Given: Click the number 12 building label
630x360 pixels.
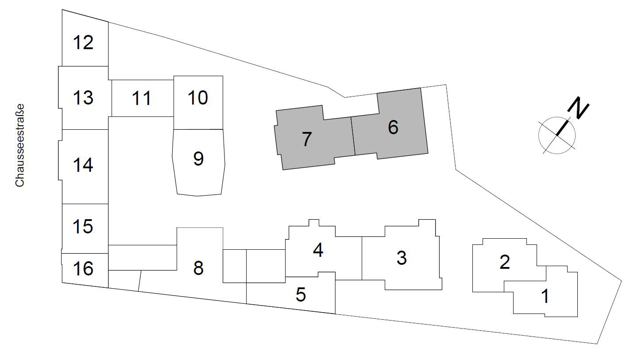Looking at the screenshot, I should coord(83,43).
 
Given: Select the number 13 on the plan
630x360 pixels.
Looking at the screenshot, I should coord(83,97).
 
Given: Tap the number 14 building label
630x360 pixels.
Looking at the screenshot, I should coord(83,165).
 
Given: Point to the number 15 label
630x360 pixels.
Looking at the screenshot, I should coord(83,226).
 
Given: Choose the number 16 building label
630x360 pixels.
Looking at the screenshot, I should coord(83,268).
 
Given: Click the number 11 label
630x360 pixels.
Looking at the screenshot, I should coord(142,98).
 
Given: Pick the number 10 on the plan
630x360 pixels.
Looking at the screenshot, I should coord(198,97).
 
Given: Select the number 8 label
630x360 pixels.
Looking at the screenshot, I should coord(198,268).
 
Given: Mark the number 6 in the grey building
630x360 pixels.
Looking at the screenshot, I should coord(393,128).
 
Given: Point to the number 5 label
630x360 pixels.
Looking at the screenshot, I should coord(301,294).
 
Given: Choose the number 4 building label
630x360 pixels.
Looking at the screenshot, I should coord(318,251).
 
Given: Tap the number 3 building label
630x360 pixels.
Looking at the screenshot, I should coord(402,258).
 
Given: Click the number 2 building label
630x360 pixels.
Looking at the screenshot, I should coord(504,262).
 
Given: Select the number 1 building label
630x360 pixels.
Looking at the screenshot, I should coord(545,296).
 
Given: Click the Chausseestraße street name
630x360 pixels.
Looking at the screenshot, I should coord(19,145).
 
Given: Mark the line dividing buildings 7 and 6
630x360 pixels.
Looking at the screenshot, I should coord(353,136).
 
